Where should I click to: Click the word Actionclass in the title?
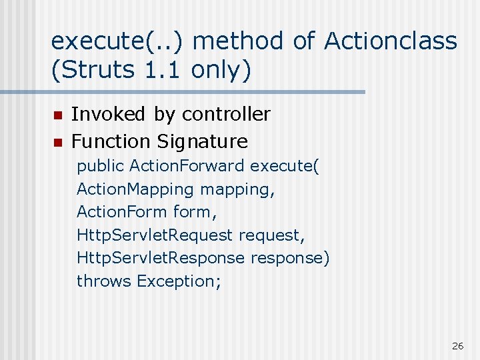coord(391,41)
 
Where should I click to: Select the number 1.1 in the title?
coord(160,70)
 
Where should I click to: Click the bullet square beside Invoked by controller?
coord(57,115)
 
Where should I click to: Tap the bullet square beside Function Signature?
coord(57,142)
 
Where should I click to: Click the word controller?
coord(226,115)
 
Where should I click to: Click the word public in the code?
coord(101,166)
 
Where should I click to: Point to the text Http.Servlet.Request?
coord(155,235)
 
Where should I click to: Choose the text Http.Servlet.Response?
coord(161,258)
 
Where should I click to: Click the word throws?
coord(104,281)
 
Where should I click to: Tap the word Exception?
coord(179,281)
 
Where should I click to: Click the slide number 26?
coord(457,345)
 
